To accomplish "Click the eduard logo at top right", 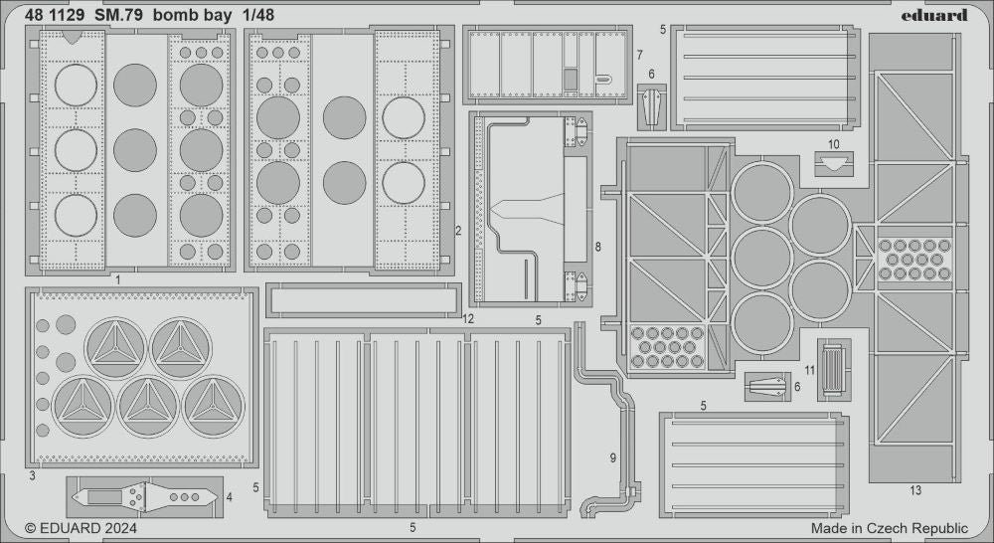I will pyautogui.click(x=934, y=15).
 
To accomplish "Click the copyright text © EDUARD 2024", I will pyautogui.click(x=81, y=528).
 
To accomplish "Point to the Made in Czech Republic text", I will pyautogui.click(x=889, y=528).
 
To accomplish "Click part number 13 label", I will pyautogui.click(x=914, y=490).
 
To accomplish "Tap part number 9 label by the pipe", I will pyautogui.click(x=613, y=457).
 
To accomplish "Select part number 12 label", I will pyautogui.click(x=468, y=318).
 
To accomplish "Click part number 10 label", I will pyautogui.click(x=833, y=144).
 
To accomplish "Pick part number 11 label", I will pyautogui.click(x=810, y=369).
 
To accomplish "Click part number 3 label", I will pyautogui.click(x=32, y=477).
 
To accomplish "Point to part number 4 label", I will pyautogui.click(x=229, y=496).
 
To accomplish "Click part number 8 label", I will pyautogui.click(x=597, y=246).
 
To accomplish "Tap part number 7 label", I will pyautogui.click(x=639, y=54).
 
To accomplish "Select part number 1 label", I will pyautogui.click(x=117, y=280).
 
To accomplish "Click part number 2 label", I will pyautogui.click(x=457, y=231).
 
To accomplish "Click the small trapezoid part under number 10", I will pyautogui.click(x=833, y=163).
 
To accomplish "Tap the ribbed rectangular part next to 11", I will pyautogui.click(x=834, y=367).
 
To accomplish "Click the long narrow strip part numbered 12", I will pyautogui.click(x=364, y=297).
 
